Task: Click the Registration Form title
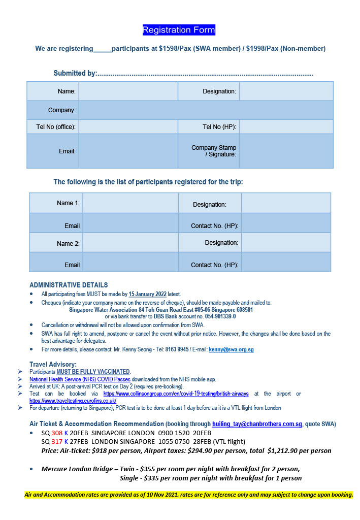(179, 30)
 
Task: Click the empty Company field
(206, 110)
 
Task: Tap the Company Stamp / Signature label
(214, 151)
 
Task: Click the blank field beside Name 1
(130, 203)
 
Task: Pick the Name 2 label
(68, 243)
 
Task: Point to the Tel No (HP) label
(219, 126)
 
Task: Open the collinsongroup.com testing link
(176, 394)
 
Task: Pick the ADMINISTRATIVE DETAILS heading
(69, 285)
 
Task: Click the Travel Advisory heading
(53, 364)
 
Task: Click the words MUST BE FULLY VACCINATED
(93, 372)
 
